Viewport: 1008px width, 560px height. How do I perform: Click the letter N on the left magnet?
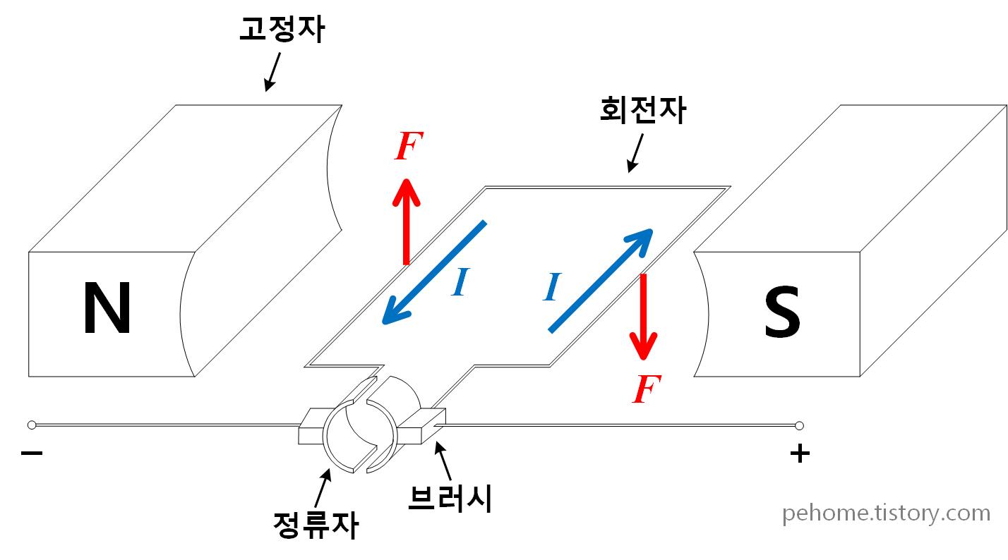click(x=107, y=308)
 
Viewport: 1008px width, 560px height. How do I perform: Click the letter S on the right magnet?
click(x=782, y=312)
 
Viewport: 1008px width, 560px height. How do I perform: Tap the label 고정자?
click(x=282, y=30)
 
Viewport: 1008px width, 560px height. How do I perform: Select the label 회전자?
click(x=642, y=111)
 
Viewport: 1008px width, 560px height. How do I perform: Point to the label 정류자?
click(x=316, y=525)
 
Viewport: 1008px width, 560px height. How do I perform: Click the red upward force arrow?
click(x=406, y=221)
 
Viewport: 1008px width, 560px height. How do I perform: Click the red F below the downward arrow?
click(x=644, y=389)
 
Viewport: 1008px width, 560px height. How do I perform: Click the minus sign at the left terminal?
click(x=32, y=453)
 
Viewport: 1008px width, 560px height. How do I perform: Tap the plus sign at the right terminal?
click(x=799, y=454)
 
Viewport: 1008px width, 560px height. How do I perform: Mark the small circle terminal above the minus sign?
click(x=31, y=425)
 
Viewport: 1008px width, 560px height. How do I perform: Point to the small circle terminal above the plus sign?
click(x=799, y=425)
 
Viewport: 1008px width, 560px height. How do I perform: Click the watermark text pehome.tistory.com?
click(x=886, y=513)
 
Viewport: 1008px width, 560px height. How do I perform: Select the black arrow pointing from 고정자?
click(x=272, y=72)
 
